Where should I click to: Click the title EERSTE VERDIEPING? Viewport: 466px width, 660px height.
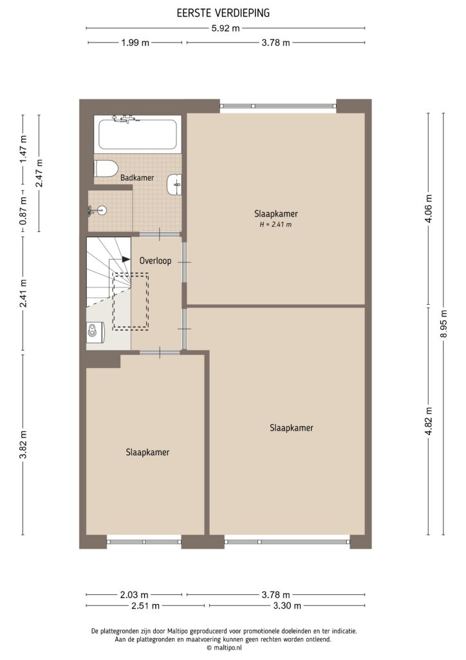coord(223,12)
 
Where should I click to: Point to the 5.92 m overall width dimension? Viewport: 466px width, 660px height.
coord(226,28)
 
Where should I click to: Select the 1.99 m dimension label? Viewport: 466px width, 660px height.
coord(136,43)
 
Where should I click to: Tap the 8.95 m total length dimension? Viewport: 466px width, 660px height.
coord(443,322)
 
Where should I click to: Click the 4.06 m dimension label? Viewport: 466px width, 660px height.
coord(428,208)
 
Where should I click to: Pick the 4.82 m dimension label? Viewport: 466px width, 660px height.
coord(428,422)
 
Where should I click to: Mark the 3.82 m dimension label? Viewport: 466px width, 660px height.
coord(23,445)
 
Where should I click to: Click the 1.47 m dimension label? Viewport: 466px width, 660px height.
coord(23,149)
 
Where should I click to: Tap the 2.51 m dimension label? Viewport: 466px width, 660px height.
coord(146,606)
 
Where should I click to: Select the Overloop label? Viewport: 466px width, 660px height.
coord(155,261)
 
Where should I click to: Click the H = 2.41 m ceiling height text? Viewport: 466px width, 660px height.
coord(275,224)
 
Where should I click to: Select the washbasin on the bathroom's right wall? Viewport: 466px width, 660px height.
coord(174,184)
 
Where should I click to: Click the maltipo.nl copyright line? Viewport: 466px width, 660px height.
coord(223,648)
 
